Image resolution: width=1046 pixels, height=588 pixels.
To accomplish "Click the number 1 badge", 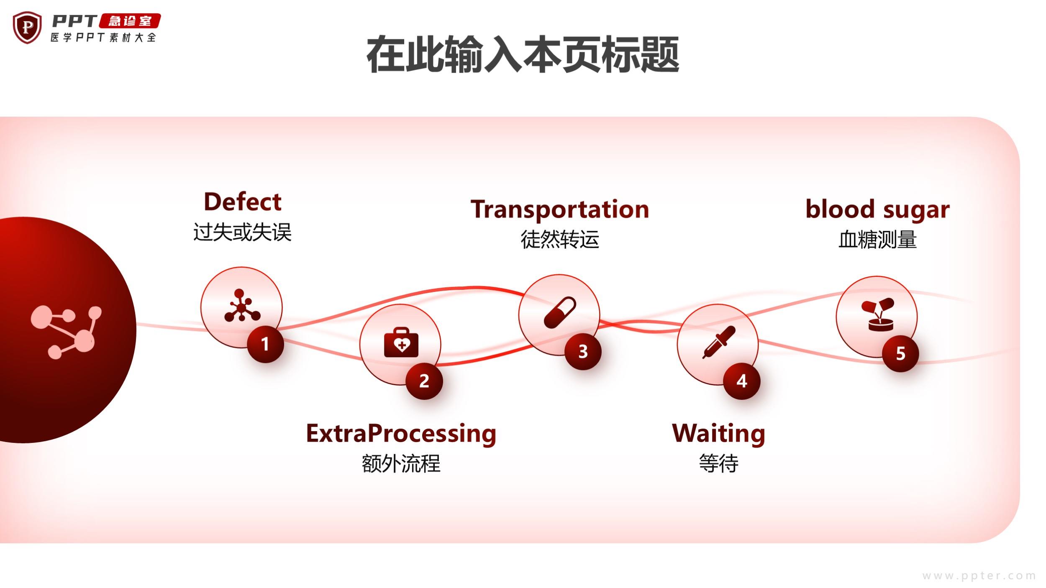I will coord(265,344).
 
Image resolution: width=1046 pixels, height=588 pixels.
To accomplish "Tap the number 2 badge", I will coord(424,381).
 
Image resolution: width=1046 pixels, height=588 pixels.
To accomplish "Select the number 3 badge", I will coord(583,352).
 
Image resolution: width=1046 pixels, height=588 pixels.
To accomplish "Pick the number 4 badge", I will coord(742,381).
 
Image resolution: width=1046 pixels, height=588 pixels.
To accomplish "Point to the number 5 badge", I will coord(900,354).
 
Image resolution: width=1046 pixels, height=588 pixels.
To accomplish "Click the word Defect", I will coord(242,202).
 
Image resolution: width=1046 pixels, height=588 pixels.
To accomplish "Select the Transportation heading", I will coord(560,210).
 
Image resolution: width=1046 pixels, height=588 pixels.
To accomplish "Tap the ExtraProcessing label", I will coord(401,433).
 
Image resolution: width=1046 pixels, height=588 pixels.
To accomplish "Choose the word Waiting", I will coord(718,433).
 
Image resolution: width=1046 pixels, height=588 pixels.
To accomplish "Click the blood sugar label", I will coord(877,210).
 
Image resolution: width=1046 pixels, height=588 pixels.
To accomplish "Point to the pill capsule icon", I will coord(560,312).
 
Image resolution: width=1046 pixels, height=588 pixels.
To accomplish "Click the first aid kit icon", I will coord(401,343).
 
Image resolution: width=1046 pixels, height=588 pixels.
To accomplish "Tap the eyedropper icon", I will coord(718,342).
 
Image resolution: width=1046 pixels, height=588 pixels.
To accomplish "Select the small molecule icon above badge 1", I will coord(242,306).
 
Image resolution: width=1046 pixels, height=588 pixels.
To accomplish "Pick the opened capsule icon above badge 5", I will coord(877,314).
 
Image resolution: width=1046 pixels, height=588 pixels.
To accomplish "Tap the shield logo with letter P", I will coord(27,28).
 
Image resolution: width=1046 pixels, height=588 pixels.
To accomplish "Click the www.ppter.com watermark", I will coord(979,576).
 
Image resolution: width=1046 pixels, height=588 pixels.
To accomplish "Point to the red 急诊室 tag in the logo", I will coord(130,21).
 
